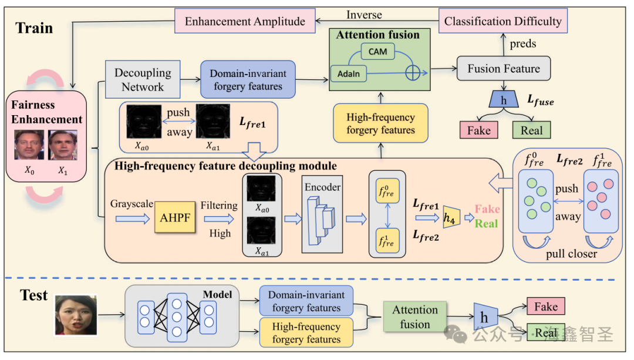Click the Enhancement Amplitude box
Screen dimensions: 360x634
(245, 22)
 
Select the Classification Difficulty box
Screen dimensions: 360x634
(503, 22)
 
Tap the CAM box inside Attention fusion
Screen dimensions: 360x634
(377, 51)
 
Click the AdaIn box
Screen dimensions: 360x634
(348, 74)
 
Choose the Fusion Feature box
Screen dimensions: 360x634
(503, 69)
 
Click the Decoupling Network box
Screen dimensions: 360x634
(143, 80)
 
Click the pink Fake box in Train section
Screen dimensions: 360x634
(478, 130)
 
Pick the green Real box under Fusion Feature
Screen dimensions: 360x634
(531, 130)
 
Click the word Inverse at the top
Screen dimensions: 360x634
(364, 15)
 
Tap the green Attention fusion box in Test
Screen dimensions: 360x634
(415, 317)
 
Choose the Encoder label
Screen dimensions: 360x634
(322, 187)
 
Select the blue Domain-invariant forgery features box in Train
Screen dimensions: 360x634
(248, 80)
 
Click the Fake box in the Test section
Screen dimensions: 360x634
(545, 307)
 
